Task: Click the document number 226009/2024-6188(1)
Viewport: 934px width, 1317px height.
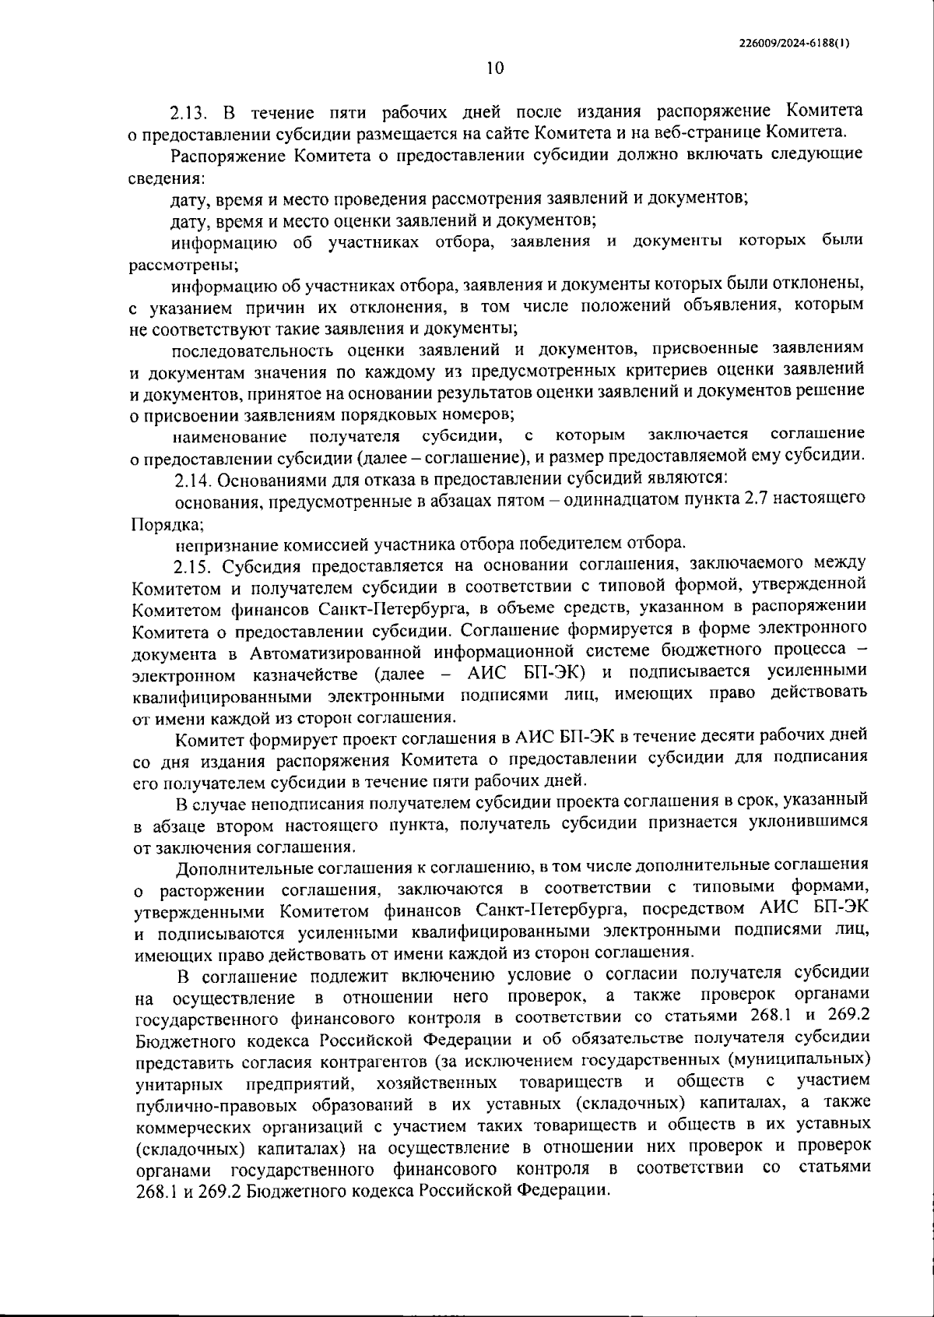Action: tap(793, 44)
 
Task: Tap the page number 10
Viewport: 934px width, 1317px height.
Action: tap(495, 68)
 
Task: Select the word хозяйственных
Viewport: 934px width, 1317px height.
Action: tap(436, 1083)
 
